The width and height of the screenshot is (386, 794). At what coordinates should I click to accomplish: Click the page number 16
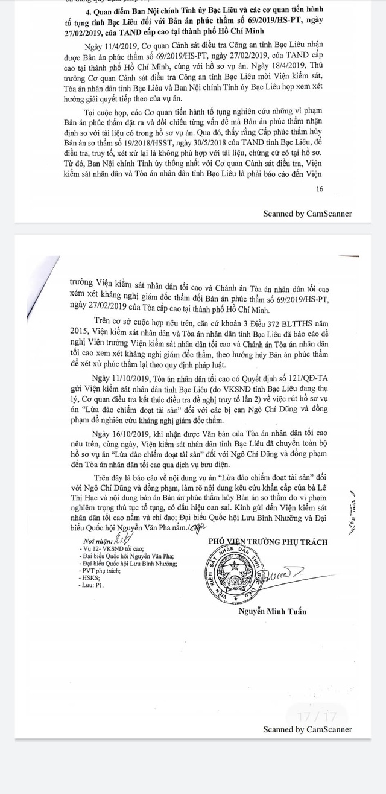point(319,189)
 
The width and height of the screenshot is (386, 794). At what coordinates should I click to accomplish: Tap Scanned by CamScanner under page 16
point(307,214)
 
